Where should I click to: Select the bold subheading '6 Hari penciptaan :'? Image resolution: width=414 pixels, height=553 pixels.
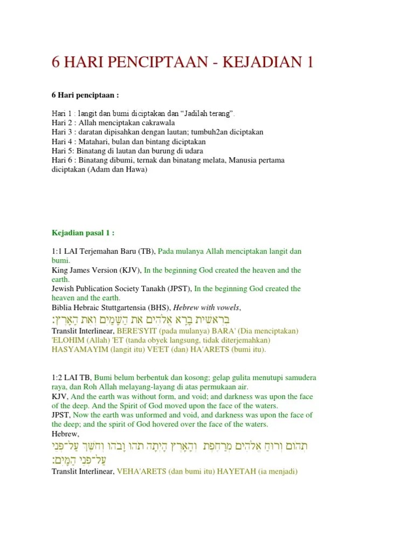click(85, 95)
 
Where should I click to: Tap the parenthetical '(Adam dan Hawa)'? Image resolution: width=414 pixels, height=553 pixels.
click(122, 170)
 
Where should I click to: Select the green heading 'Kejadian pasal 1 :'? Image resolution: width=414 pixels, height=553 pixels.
click(83, 233)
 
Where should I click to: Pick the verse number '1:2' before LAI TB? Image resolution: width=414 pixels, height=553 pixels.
click(58, 377)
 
